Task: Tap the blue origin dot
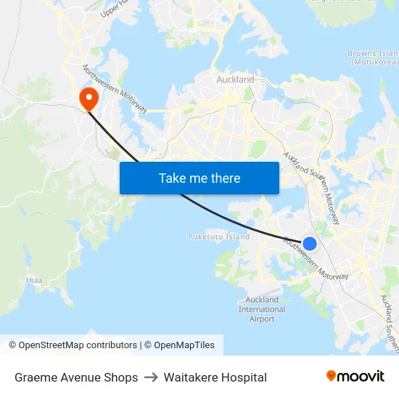click(309, 244)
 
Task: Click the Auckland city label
click(235, 80)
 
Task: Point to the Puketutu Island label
click(218, 236)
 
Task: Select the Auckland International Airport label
click(262, 309)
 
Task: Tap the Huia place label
click(34, 280)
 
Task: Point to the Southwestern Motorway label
click(316, 259)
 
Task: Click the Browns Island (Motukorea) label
click(373, 57)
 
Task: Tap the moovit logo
click(355, 377)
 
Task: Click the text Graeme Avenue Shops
click(76, 377)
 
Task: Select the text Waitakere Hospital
click(215, 377)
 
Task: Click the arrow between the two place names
click(151, 377)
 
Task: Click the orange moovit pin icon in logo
click(332, 377)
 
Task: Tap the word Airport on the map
click(262, 318)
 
